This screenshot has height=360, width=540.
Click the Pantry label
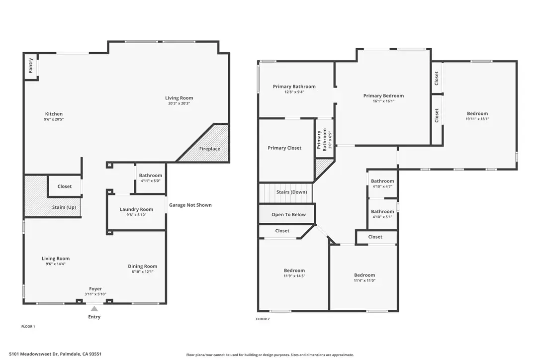(31, 66)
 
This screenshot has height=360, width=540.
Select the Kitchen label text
(54, 114)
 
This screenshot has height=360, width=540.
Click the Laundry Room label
(136, 209)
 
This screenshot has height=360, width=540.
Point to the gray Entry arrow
(94, 309)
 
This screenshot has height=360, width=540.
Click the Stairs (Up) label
(64, 207)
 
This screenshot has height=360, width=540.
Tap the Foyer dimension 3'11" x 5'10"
(95, 294)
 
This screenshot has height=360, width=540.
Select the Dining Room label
(143, 267)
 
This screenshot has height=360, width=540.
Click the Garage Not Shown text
(190, 205)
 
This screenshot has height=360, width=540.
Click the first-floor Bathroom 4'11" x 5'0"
(150, 178)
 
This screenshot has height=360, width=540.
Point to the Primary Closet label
(284, 148)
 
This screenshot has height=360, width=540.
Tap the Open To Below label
(288, 214)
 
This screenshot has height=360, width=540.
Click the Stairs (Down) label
(292, 192)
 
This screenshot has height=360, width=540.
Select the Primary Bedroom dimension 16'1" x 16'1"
(383, 101)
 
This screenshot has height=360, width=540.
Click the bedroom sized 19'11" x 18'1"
(477, 116)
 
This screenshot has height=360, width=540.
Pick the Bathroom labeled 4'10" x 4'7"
(382, 183)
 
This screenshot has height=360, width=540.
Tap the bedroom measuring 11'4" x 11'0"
(364, 278)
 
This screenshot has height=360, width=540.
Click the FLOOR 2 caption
(263, 319)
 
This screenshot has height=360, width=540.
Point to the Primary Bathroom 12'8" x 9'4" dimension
(294, 92)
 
